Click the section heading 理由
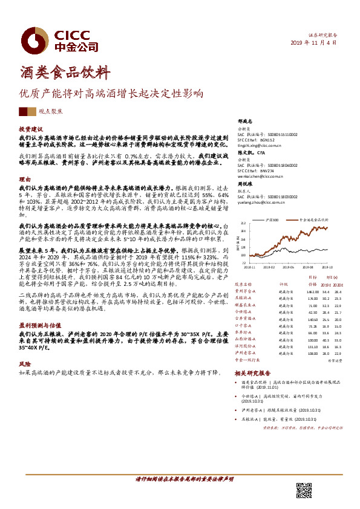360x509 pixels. (25, 180)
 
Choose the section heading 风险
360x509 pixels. (25, 365)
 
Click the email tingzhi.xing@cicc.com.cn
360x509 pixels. (260, 144)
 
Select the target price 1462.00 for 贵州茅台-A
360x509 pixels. (312, 291)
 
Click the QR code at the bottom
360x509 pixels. (304, 490)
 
